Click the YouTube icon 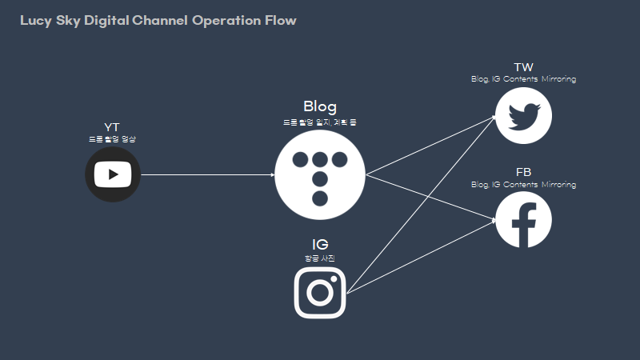coord(113,174)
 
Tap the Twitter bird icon coord(524,115)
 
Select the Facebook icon coord(524,220)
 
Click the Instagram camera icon coord(320,292)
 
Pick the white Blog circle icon coord(320,174)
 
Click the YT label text coord(112,128)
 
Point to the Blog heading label coord(320,106)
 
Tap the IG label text coord(320,244)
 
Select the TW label coord(524,67)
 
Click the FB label coord(524,172)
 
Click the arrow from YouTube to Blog coord(208,174)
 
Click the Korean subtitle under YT coord(112,139)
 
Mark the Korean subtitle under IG coord(320,258)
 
